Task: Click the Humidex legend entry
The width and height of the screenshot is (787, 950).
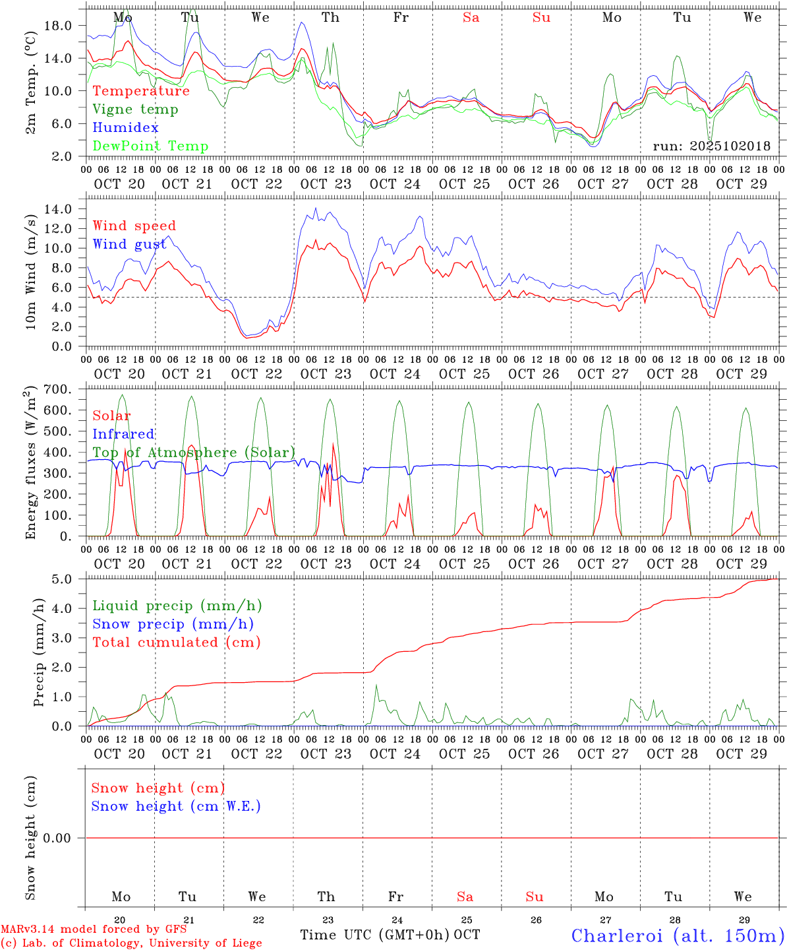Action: (x=125, y=128)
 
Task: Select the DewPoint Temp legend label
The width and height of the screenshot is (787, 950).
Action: (x=150, y=146)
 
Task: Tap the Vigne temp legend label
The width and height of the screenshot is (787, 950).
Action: (x=135, y=110)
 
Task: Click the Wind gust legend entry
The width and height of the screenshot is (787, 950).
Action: (x=129, y=245)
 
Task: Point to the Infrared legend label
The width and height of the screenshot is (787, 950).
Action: (x=123, y=434)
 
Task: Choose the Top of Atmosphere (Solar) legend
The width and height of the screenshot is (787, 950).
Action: (x=193, y=453)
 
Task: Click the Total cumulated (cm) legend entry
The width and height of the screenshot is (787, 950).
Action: (x=176, y=643)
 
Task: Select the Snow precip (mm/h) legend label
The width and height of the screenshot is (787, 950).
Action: (x=173, y=624)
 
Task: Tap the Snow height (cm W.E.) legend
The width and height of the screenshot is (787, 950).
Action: (x=175, y=806)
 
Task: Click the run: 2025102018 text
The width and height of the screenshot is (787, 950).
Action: (x=711, y=146)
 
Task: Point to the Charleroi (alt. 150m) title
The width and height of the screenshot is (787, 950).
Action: (x=678, y=935)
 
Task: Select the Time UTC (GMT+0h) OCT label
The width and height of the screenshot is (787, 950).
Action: (x=390, y=935)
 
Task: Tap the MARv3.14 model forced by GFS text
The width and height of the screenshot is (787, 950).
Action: (x=94, y=930)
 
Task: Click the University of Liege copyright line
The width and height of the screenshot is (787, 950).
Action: (x=131, y=943)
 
